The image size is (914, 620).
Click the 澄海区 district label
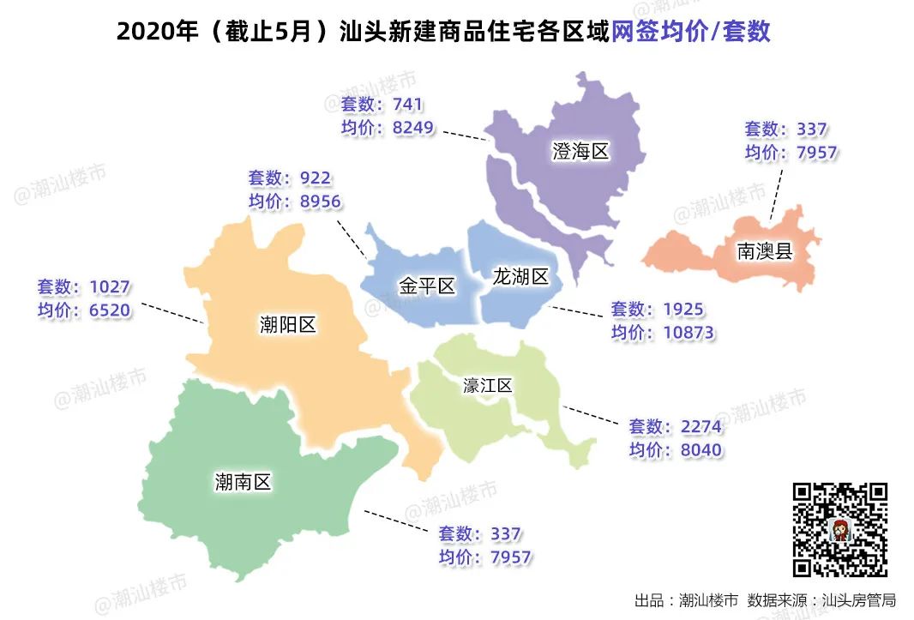[580, 153]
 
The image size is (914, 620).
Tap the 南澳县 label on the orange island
[765, 251]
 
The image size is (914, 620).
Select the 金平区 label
[427, 286]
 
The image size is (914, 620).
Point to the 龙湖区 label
[520, 276]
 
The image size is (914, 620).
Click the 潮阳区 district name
[288, 325]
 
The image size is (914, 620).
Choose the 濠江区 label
[487, 386]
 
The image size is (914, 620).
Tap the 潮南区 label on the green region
[243, 482]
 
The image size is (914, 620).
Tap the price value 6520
[110, 310]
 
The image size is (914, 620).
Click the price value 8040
[698, 450]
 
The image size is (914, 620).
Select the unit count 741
[407, 105]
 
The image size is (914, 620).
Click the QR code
[839, 529]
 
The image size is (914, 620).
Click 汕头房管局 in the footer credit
[858, 600]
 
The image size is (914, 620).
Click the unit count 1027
[110, 287]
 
